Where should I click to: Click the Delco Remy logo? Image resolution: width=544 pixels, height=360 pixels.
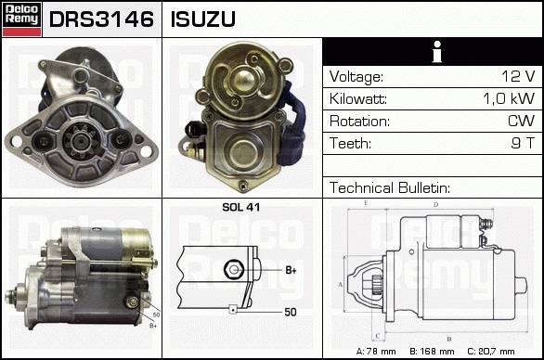coord(21,19)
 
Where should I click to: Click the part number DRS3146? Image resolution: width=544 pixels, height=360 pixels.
coord(101,19)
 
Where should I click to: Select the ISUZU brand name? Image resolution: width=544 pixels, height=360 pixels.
coord(203,19)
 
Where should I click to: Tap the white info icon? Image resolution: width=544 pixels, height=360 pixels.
coord(437,52)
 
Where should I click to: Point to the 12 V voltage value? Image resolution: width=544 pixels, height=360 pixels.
coord(518,76)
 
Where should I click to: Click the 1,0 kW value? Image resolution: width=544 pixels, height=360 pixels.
coord(509,98)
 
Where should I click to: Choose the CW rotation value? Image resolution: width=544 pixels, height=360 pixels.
coord(522,121)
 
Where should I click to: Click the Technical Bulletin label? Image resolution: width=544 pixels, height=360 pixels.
coord(390,187)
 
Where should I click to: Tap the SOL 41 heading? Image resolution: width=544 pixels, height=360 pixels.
coord(240,207)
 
